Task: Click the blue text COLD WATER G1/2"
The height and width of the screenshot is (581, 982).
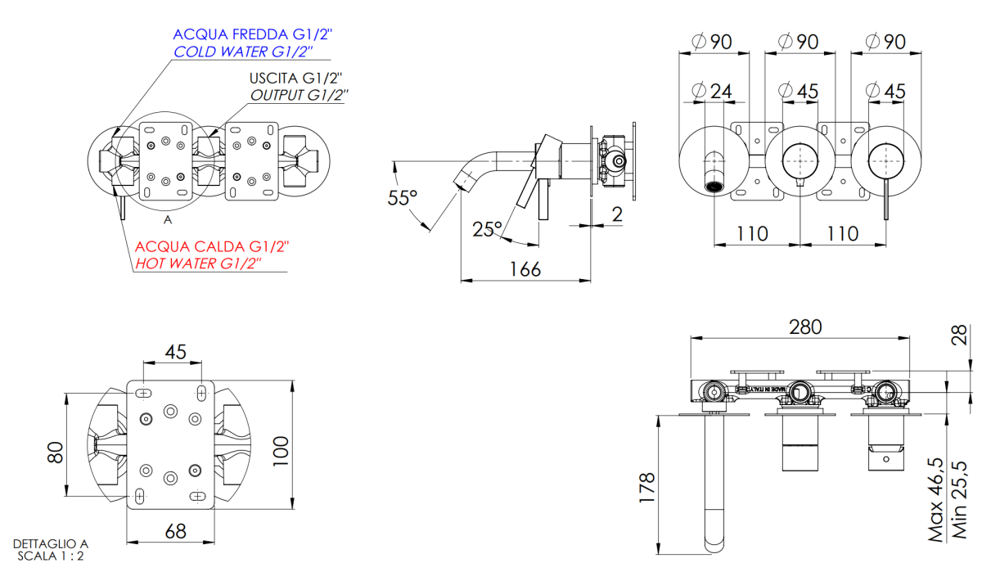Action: click(x=243, y=52)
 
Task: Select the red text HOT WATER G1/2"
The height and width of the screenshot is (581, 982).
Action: click(x=198, y=263)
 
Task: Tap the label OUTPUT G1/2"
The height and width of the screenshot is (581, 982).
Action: click(x=299, y=95)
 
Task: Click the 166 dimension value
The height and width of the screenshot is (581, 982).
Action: click(x=525, y=268)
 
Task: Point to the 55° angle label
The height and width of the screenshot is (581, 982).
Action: click(x=402, y=198)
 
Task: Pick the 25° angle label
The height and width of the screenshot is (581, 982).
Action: click(x=487, y=229)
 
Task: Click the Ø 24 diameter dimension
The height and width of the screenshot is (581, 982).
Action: click(x=711, y=91)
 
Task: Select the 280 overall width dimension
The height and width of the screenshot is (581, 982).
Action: click(x=805, y=327)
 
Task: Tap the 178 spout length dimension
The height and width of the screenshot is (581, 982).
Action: click(x=647, y=487)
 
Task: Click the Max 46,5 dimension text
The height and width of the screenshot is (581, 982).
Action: click(x=935, y=500)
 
